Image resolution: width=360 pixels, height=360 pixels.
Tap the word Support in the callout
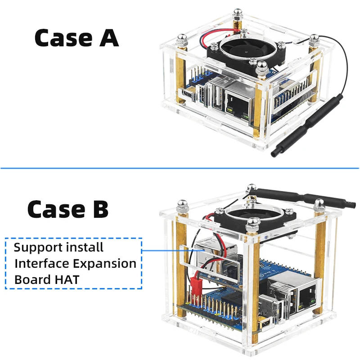pos(38,247)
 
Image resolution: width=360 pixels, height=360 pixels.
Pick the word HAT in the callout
pos(68,279)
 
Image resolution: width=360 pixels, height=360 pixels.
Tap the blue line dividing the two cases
pos(180,169)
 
